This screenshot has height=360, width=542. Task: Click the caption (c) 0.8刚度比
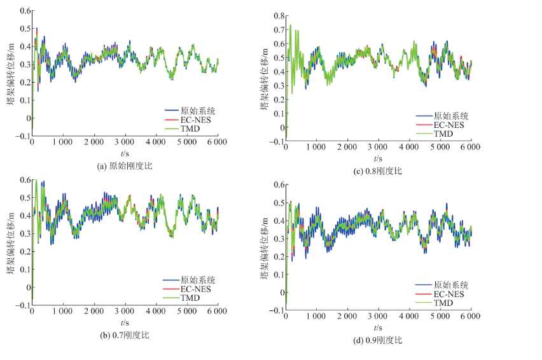tap(378, 170)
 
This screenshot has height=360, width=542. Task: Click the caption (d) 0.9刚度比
tap(378, 340)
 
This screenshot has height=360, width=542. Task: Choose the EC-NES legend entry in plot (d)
tap(449, 294)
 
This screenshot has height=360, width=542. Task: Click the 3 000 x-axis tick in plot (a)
tap(125, 144)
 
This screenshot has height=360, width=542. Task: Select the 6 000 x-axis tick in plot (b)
tap(217, 313)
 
